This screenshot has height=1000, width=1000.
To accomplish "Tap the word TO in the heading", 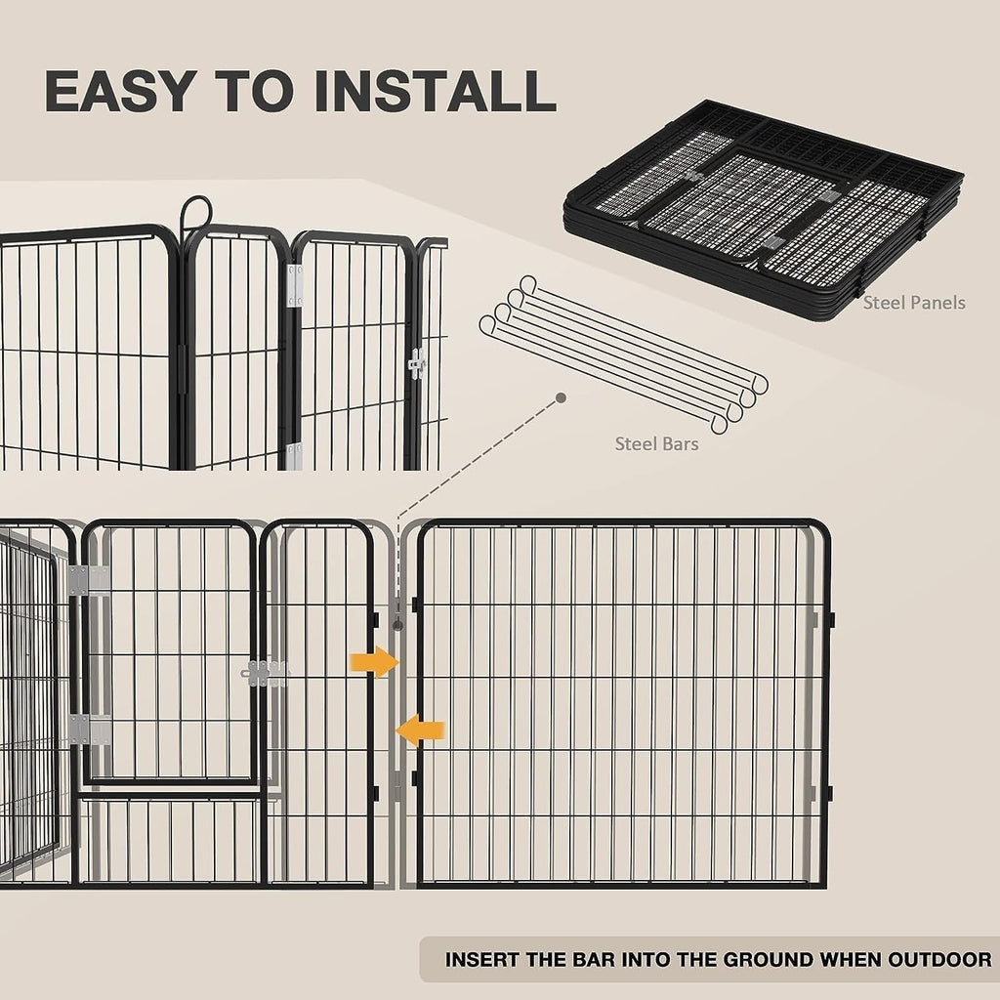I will [x=251, y=90].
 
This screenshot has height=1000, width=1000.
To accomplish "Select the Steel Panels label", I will [x=913, y=303].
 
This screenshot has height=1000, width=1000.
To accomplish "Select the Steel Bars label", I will [x=656, y=444].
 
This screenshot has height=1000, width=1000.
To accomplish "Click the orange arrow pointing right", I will [x=375, y=662].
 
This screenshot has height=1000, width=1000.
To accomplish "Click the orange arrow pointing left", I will [x=420, y=729].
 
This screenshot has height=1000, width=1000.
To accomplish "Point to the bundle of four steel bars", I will [x=623, y=354].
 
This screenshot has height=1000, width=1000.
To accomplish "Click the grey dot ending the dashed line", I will [x=561, y=398].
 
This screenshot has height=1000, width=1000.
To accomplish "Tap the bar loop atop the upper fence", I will [x=195, y=210].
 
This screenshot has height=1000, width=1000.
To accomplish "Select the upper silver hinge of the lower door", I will [x=88, y=580].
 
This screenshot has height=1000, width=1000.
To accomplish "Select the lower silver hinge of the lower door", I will [x=88, y=729].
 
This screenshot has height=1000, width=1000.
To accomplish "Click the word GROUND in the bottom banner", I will [x=748, y=959].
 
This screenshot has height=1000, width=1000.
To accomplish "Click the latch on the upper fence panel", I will [x=417, y=363].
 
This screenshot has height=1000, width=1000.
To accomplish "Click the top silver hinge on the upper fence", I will [x=294, y=285].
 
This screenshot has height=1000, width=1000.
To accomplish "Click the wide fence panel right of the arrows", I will [x=622, y=703].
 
